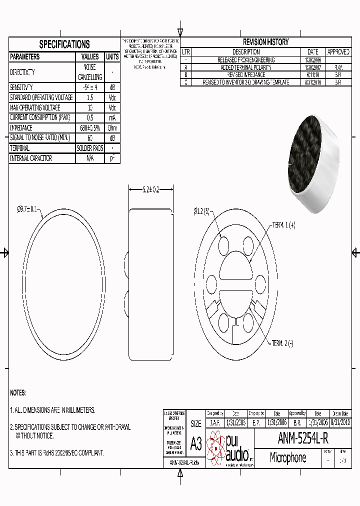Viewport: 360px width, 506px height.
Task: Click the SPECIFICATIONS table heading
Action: pos(64,44)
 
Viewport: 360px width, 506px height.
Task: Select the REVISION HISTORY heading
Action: pos(265,42)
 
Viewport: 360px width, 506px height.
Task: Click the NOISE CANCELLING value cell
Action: pos(89,72)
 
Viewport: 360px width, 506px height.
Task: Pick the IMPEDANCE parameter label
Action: pos(21,127)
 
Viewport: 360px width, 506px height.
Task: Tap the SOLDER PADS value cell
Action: pos(89,148)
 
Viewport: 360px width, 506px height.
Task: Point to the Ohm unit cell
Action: pos(112,127)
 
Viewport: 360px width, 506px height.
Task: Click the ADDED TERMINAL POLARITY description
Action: pos(246,67)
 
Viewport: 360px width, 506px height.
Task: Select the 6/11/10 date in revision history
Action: pos(312,74)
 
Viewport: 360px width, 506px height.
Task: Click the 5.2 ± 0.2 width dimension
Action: pos(150,189)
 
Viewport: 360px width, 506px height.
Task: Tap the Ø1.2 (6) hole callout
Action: pos(202,211)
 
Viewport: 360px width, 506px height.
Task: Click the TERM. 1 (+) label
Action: pos(283,225)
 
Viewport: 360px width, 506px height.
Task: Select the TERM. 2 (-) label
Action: pos(282,343)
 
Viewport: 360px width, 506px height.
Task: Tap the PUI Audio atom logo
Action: pos(215,446)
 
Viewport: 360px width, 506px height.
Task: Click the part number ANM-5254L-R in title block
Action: pos(302,438)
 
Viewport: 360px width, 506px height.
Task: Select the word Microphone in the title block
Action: pos(287,457)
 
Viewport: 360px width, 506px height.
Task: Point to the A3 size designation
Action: pos(196,442)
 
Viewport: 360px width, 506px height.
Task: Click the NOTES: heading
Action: pos(18,393)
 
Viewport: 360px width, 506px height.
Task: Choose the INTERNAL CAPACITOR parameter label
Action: pos(31,158)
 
